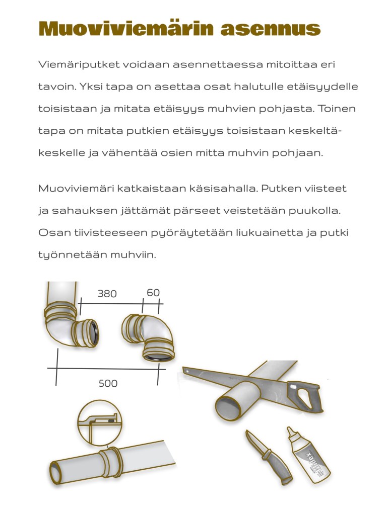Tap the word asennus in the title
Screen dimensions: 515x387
[271, 29]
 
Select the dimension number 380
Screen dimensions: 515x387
[107, 293]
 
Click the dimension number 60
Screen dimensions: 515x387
[153, 292]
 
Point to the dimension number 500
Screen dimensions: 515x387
[108, 384]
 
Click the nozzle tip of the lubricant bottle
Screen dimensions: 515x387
[290, 431]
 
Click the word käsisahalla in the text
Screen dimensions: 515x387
[257, 189]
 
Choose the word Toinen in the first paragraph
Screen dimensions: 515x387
[339, 109]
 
